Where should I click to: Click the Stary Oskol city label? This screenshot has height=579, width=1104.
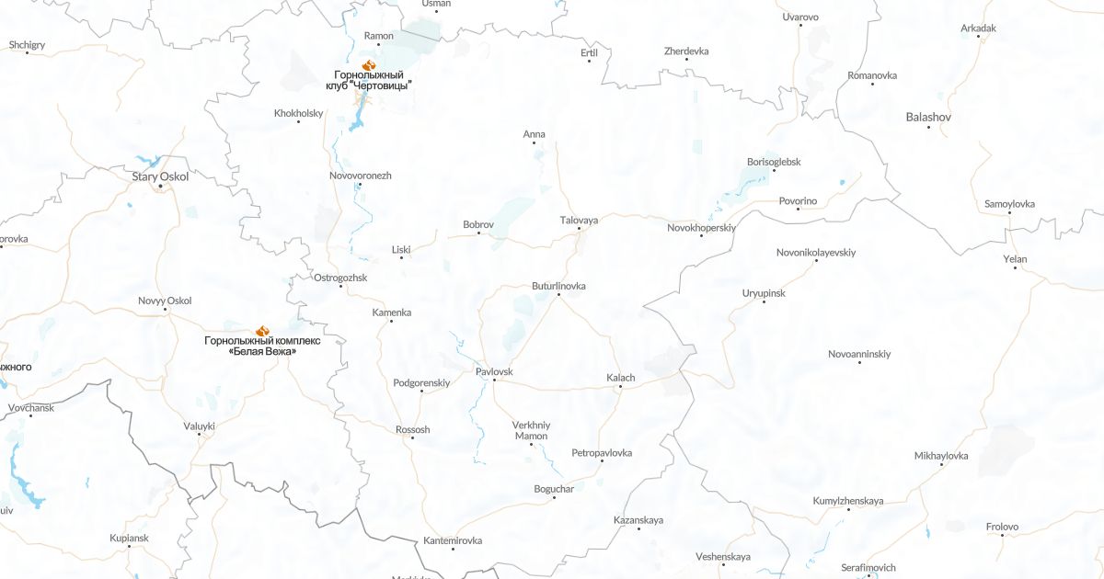click(160, 176)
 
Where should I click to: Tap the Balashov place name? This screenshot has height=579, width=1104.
click(928, 117)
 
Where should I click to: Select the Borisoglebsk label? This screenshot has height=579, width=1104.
click(774, 162)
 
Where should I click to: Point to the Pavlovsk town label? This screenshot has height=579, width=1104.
click(494, 371)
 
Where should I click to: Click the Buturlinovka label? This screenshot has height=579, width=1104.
click(558, 286)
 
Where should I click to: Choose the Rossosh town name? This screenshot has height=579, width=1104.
click(412, 429)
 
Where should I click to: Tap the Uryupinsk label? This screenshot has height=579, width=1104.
click(764, 292)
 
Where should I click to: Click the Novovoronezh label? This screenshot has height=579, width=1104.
click(360, 175)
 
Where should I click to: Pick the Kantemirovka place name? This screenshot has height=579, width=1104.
click(453, 540)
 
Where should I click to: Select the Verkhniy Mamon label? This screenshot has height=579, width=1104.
click(531, 430)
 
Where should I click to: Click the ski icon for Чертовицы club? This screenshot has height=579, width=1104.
click(368, 65)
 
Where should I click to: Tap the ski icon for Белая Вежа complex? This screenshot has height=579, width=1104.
click(262, 330)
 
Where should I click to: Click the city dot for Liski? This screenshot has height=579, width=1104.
click(401, 257)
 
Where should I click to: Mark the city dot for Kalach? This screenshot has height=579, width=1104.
click(620, 387)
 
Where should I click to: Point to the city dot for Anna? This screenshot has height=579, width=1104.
click(534, 143)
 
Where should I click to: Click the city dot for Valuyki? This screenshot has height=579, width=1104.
click(200, 435)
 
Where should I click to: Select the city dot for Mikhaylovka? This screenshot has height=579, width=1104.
click(941, 465)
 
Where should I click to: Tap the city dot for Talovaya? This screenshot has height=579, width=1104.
click(579, 230)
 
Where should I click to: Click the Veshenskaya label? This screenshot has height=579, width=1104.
click(723, 556)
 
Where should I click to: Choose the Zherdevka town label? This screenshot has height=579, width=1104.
click(686, 51)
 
